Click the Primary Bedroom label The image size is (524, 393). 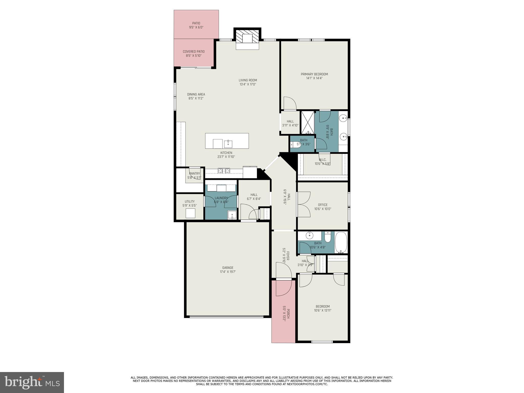click(314, 74)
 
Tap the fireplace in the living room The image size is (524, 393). click(247, 39)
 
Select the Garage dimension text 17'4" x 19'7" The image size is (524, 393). click(227, 272)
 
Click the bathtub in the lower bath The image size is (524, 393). click(341, 242)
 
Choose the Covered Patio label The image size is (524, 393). click(193, 51)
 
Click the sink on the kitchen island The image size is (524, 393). click(228, 144)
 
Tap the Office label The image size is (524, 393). click(323, 205)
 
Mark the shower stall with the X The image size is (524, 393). click(307, 122)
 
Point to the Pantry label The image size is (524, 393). click(194, 173)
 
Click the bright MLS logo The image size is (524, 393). click(32, 383)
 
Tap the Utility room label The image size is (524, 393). click(190, 201)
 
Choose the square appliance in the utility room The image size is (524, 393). click(190, 213)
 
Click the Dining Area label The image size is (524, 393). click(196, 94)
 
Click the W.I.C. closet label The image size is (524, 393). click(322, 160)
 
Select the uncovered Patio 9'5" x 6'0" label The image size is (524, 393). click(196, 23)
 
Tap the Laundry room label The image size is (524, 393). click(221, 198)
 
